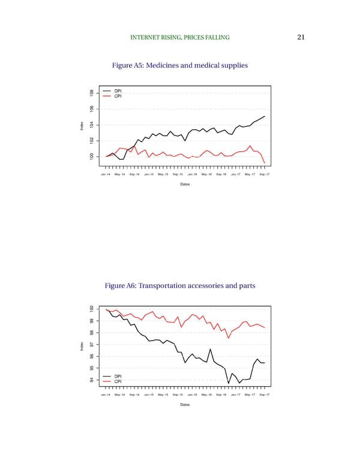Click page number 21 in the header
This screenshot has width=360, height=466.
tap(301, 38)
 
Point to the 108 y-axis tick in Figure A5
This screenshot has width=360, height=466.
tap(91, 93)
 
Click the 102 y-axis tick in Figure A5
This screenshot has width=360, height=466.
tap(91, 141)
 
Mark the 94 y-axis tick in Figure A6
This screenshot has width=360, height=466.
tap(91, 380)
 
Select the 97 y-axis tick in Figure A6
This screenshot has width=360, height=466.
tap(91, 345)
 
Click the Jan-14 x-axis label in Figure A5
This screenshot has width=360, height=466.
tap(105, 174)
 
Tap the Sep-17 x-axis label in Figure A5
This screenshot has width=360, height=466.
tap(265, 174)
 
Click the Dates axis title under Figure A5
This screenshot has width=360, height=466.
tap(185, 184)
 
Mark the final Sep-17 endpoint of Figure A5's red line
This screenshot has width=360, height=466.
tap(265, 163)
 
